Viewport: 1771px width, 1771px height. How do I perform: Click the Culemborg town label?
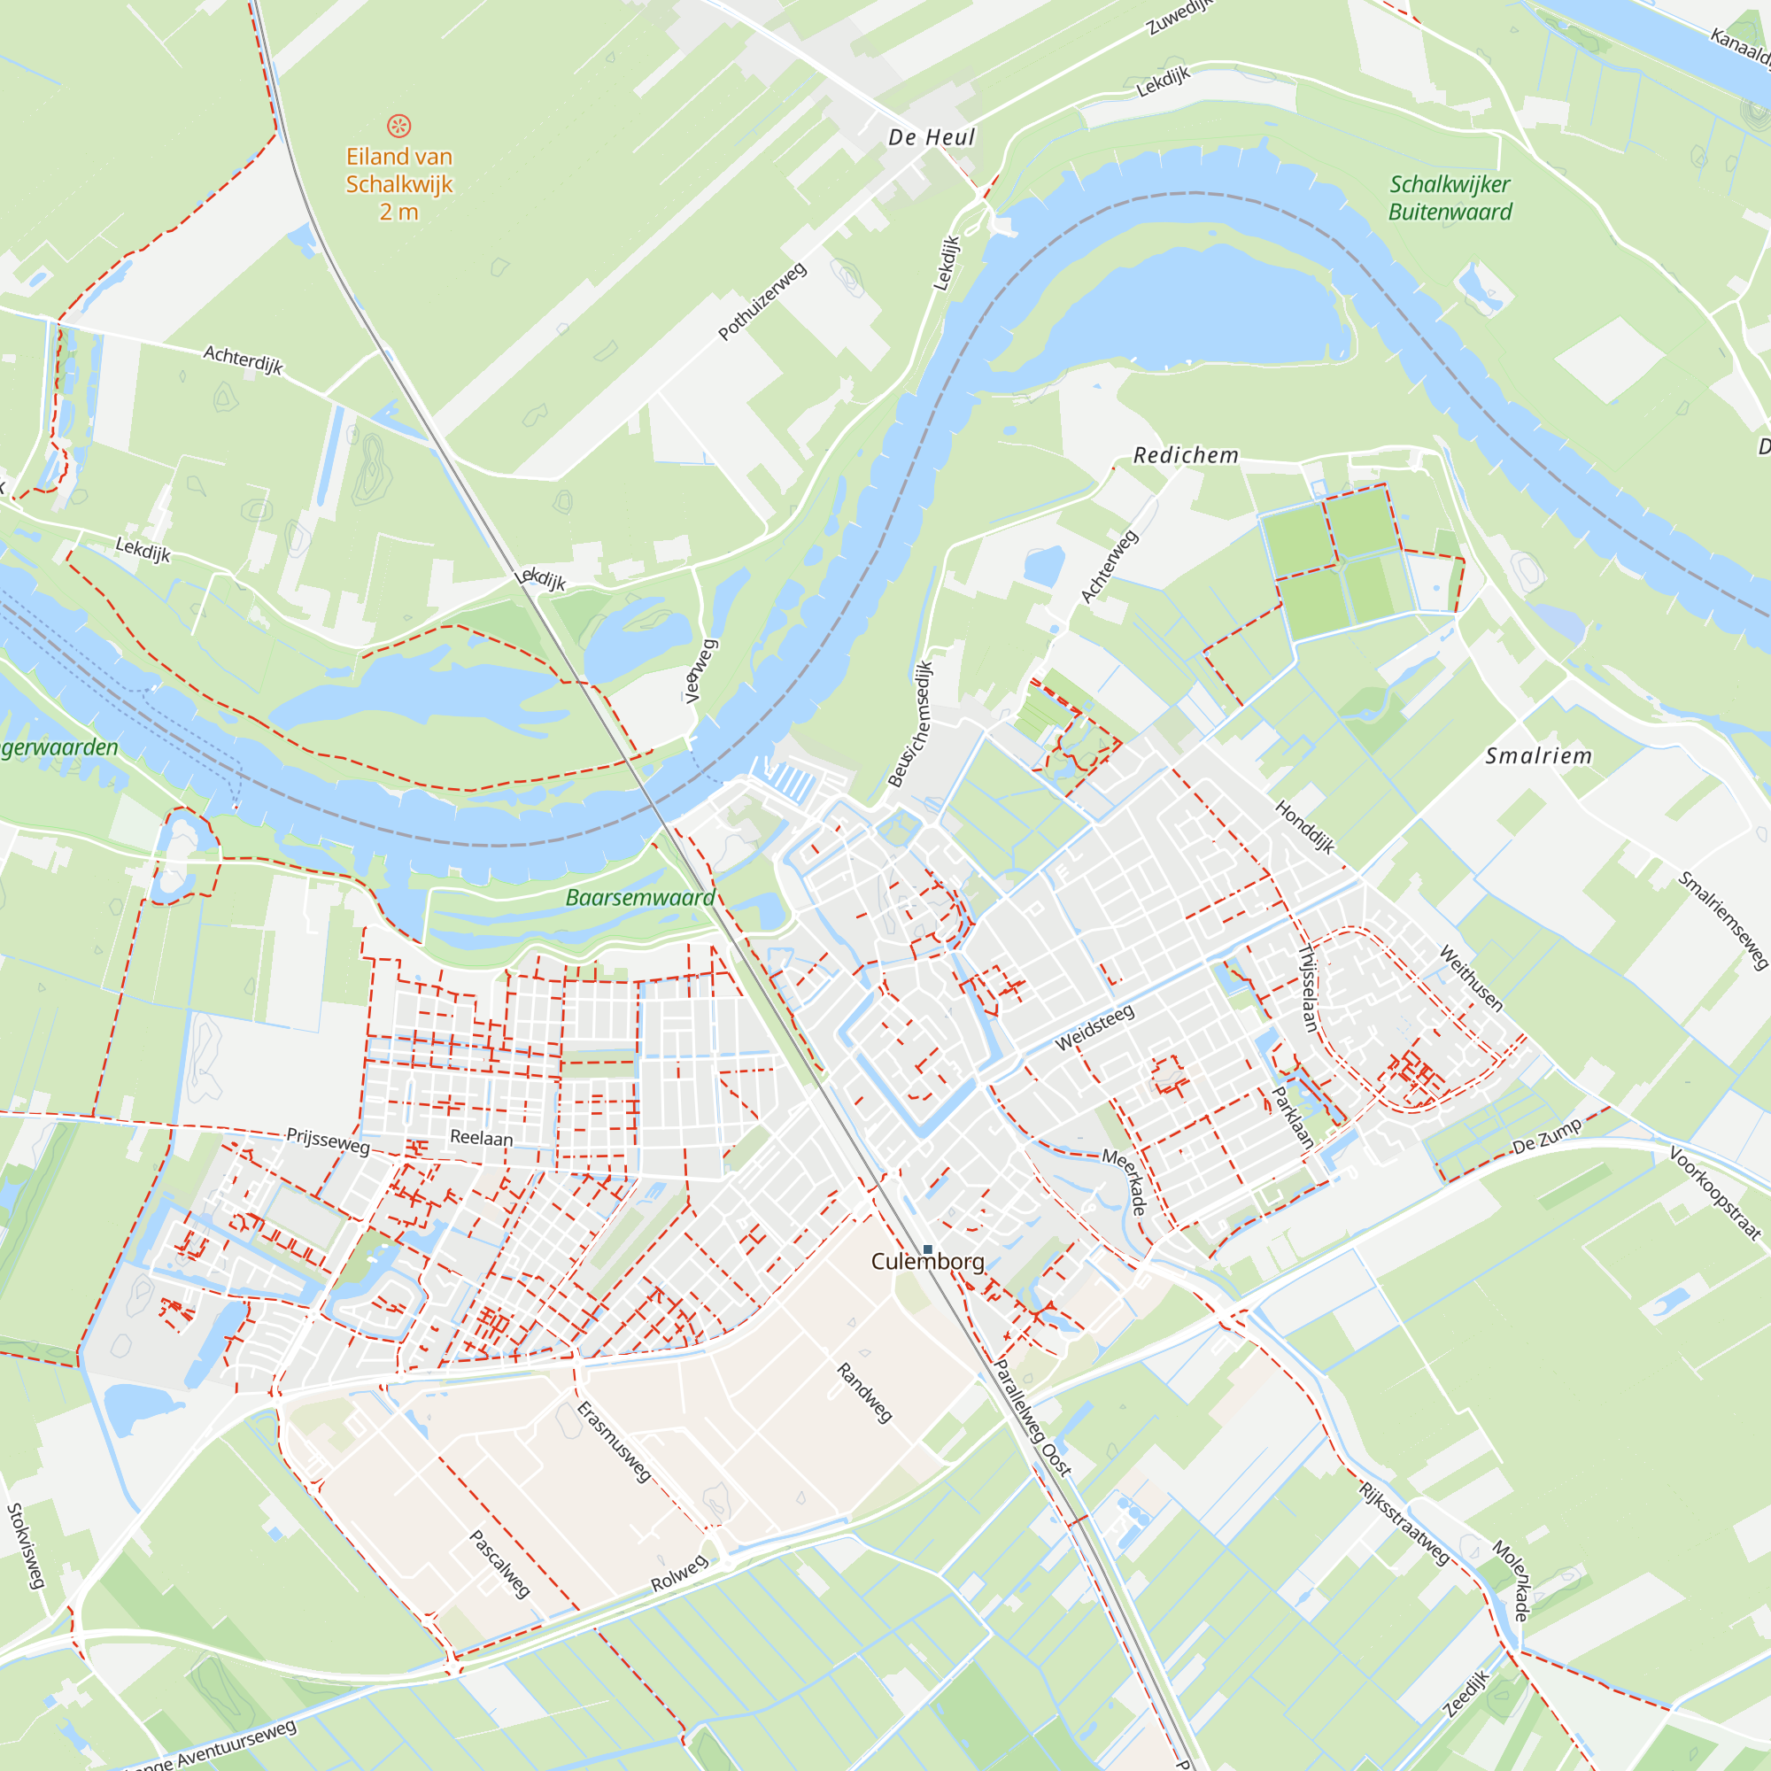click(x=928, y=1261)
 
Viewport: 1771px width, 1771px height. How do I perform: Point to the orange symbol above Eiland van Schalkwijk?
click(x=398, y=126)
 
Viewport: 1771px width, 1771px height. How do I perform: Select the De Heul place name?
click(x=932, y=137)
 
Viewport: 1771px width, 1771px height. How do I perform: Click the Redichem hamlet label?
click(x=1186, y=455)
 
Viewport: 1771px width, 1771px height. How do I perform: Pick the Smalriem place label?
click(x=1538, y=756)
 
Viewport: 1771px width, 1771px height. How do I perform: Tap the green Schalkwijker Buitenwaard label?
click(x=1450, y=198)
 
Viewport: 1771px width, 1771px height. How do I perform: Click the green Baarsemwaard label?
click(x=640, y=897)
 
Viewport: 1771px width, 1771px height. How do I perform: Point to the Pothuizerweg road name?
click(x=762, y=301)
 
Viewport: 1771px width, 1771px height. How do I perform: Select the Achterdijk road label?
click(x=243, y=360)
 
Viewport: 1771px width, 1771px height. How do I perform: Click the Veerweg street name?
click(x=700, y=671)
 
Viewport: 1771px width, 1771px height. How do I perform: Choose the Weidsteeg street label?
click(x=1094, y=1027)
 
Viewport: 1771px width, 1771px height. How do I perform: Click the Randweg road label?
click(x=864, y=1392)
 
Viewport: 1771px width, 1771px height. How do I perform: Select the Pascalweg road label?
click(x=499, y=1564)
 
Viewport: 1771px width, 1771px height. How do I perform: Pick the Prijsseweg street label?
click(x=329, y=1141)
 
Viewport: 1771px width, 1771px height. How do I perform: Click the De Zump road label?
click(x=1546, y=1137)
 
